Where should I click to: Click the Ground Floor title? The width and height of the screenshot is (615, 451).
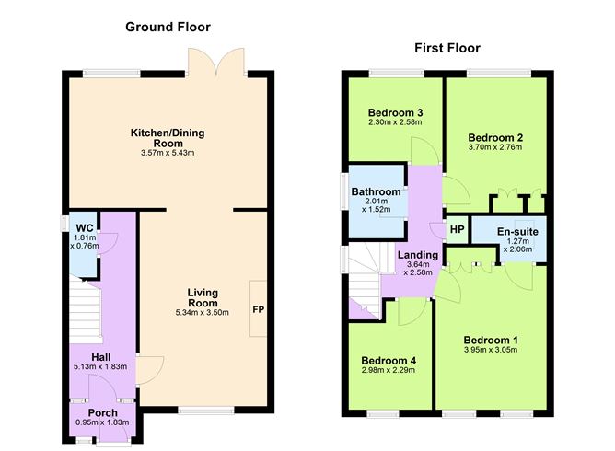(168, 27)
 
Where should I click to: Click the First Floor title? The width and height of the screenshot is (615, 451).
(447, 48)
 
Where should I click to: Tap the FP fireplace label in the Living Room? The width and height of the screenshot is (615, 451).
(258, 308)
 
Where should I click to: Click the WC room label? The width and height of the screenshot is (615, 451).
(85, 227)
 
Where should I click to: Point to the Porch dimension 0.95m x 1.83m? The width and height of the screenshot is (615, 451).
(103, 422)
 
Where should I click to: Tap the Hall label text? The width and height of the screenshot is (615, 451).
(102, 356)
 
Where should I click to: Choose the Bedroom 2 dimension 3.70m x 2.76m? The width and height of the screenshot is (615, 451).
(494, 146)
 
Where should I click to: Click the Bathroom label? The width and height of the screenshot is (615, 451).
(376, 191)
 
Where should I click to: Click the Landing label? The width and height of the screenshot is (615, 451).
(418, 255)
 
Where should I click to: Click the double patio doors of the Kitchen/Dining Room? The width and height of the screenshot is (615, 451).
(215, 63)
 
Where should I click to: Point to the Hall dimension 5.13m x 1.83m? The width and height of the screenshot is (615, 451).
(102, 366)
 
